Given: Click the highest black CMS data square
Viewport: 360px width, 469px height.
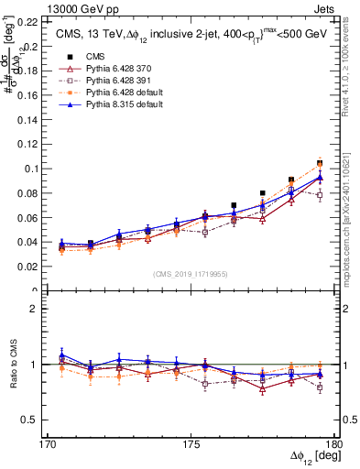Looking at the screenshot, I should click(x=320, y=162).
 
